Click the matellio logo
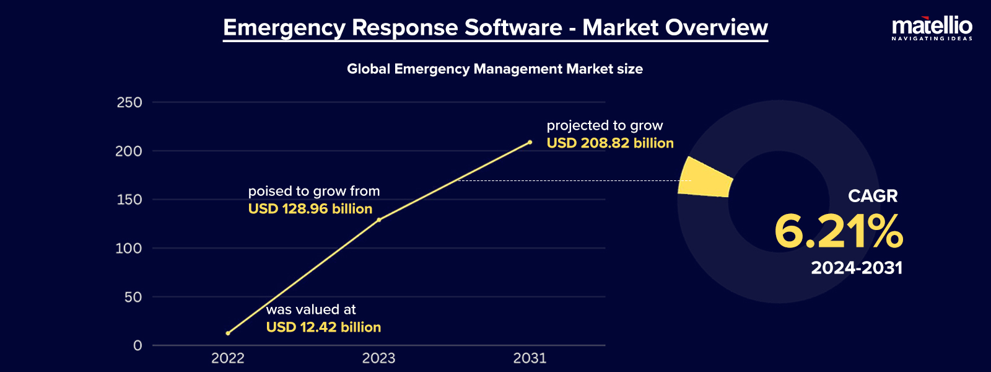pos(932,29)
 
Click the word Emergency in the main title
pos(284,28)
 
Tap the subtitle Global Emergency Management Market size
pos(494,69)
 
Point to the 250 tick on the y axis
pos(129,102)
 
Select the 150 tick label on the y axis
pos(129,200)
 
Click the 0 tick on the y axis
pos(138,345)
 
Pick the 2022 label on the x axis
pos(228,358)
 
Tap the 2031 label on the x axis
pos(530,358)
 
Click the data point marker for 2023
pos(379,219)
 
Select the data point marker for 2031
pos(530,142)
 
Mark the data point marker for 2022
pos(228,334)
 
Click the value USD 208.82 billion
pos(609,143)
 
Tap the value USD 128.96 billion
pos(310,209)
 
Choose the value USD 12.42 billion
pos(323,327)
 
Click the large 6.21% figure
pos(838,232)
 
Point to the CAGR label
pos(872,196)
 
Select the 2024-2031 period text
pos(857,268)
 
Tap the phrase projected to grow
pos(605,126)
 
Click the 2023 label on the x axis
pos(378,358)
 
